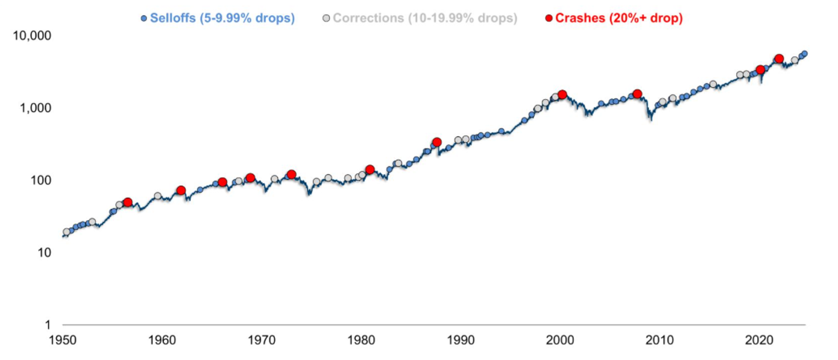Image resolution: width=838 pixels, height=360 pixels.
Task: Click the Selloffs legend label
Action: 222,18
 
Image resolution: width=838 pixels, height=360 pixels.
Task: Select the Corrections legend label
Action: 425,18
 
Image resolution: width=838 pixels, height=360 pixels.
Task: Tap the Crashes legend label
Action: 619,18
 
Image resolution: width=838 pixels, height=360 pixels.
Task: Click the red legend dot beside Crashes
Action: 549,18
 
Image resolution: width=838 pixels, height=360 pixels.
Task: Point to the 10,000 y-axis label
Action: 32,36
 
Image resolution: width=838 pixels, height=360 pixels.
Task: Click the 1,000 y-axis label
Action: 36,108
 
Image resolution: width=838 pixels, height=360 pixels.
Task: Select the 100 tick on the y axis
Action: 41,180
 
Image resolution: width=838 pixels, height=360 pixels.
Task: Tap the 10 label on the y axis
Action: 44,253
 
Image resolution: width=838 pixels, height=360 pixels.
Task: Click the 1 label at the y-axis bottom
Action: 48,325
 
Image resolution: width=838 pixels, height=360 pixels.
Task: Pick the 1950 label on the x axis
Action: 63,340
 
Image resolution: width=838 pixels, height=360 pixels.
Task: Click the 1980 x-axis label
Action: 361,340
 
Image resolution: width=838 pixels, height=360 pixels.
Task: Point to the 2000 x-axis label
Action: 560,340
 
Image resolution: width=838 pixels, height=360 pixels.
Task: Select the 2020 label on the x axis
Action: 759,340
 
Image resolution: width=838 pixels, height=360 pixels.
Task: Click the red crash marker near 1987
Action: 436,142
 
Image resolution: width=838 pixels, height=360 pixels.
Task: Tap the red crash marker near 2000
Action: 562,94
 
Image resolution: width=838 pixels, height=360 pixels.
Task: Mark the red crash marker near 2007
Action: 637,94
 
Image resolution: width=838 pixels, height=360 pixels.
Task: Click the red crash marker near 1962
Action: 181,190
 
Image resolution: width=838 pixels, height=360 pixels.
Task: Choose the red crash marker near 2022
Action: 780,58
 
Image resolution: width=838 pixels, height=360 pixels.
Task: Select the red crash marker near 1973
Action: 292,174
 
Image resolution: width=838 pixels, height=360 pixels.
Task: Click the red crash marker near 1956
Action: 128,202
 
